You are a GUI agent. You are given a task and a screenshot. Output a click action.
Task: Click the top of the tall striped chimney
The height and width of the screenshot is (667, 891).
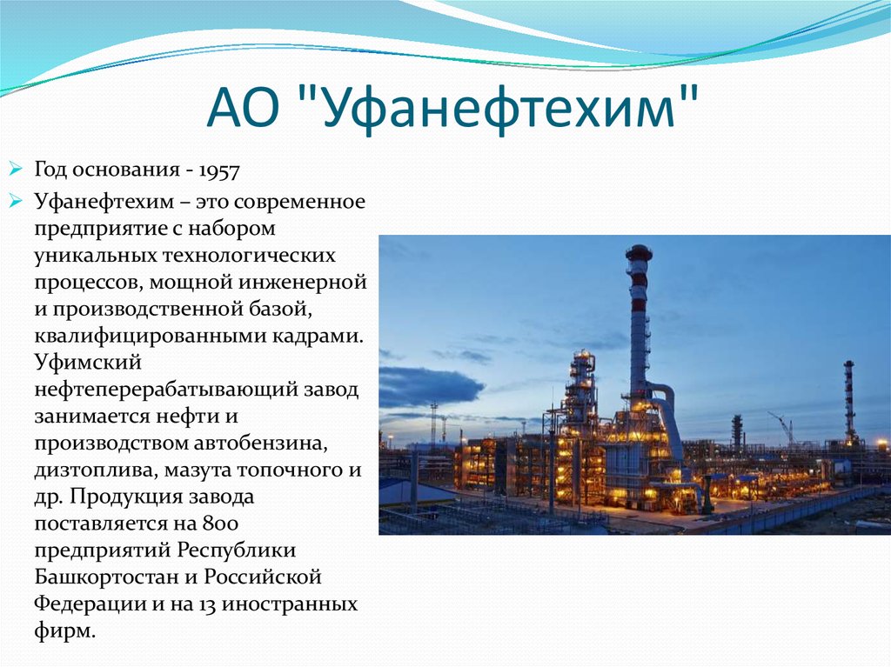(638, 253)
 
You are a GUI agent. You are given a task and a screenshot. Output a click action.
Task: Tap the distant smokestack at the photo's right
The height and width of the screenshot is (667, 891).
(848, 396)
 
